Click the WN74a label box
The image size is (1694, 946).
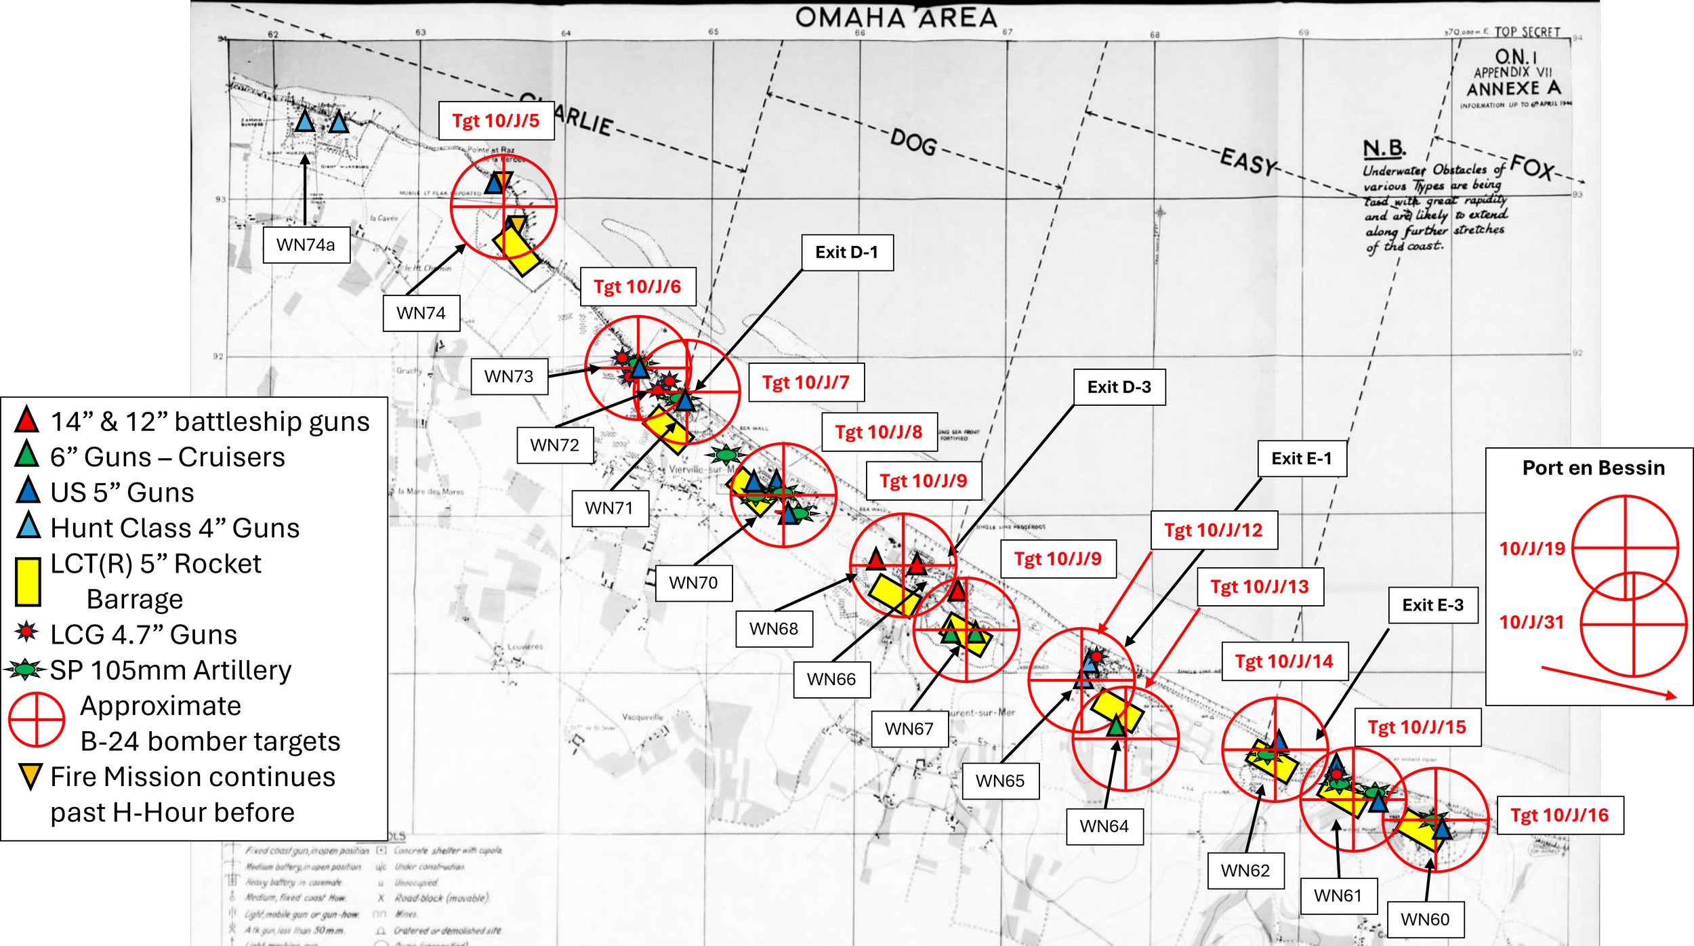point(306,245)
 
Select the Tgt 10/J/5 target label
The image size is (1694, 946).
point(496,121)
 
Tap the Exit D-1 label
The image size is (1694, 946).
point(847,253)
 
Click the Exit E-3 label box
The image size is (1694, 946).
point(1432,605)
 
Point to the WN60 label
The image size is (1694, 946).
point(1425,920)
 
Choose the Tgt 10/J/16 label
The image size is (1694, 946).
point(1559,815)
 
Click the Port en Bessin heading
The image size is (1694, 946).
point(1593,468)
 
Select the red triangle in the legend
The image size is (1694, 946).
point(26,420)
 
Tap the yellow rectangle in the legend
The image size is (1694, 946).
point(28,581)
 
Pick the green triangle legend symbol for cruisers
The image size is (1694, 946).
point(26,455)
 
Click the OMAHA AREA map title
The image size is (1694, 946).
point(896,18)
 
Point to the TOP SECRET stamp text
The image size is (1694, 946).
point(1527,33)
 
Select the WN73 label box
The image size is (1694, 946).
point(510,377)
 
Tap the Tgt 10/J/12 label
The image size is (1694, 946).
point(1214,530)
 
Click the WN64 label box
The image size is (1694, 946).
point(1104,827)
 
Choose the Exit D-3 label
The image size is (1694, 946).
point(1119,388)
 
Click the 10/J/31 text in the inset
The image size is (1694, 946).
point(1531,622)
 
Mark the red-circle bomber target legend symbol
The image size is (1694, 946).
point(37,720)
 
